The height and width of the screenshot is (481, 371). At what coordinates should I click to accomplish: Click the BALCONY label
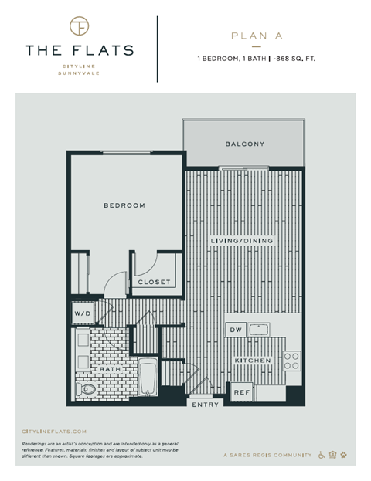(x=245, y=144)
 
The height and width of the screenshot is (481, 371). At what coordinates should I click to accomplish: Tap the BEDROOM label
(x=125, y=205)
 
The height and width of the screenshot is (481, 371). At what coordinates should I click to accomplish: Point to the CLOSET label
(x=154, y=282)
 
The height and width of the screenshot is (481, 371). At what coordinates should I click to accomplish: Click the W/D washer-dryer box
(x=81, y=313)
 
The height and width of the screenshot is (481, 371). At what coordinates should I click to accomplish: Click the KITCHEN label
(x=254, y=361)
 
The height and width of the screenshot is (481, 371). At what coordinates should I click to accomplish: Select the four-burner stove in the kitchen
(x=292, y=361)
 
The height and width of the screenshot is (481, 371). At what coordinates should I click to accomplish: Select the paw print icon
(x=345, y=455)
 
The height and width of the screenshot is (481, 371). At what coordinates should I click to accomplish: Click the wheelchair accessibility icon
(x=322, y=455)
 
